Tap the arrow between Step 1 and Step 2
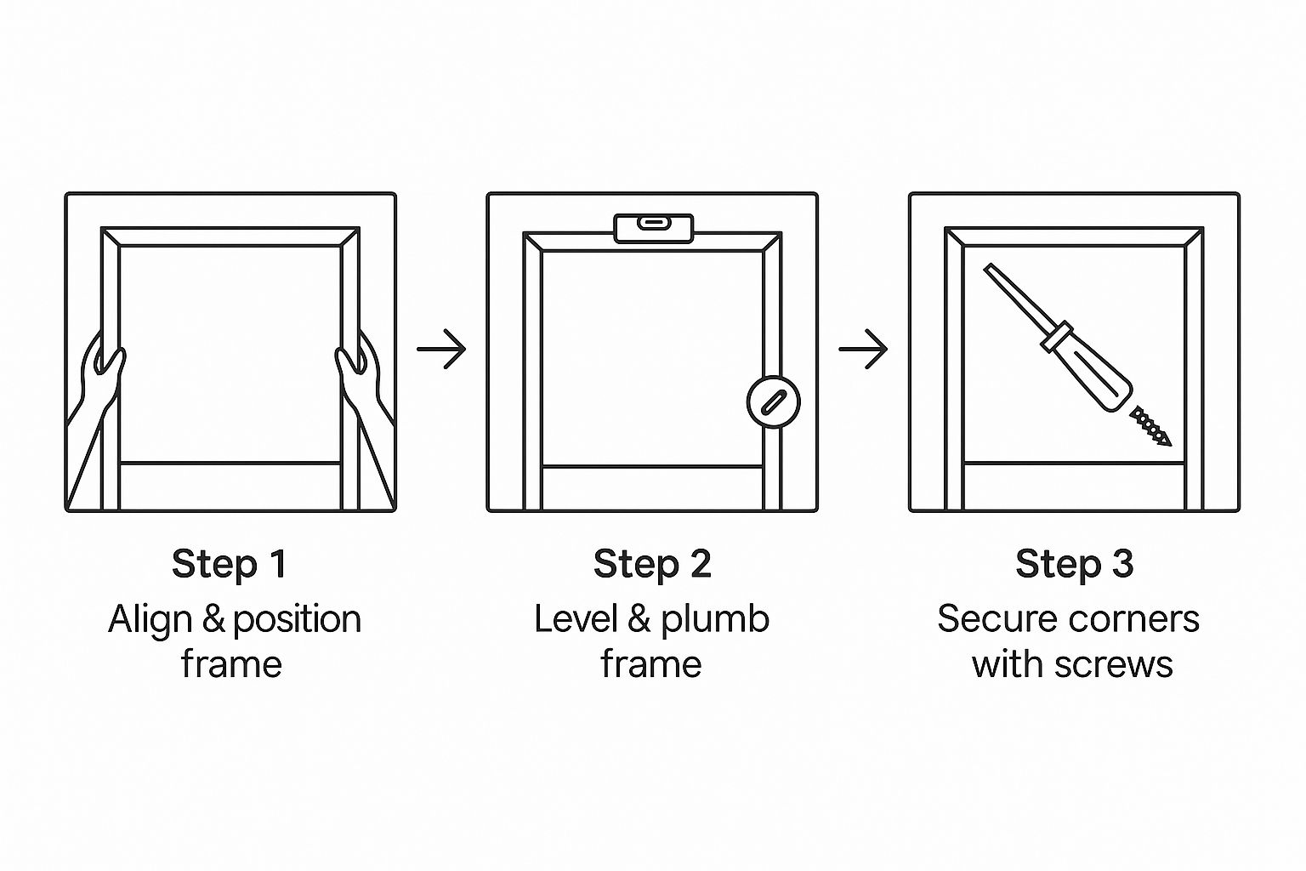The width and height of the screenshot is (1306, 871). (x=441, y=349)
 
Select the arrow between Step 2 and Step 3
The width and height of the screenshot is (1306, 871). (x=864, y=349)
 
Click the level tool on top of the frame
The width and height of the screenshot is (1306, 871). (x=654, y=228)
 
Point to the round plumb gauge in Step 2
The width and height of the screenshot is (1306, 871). (x=773, y=401)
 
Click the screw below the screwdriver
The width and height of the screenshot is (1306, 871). (x=1150, y=426)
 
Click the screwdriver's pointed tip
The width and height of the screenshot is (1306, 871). (x=986, y=267)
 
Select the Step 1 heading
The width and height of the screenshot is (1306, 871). (x=229, y=564)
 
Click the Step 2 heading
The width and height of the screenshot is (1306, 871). (x=652, y=564)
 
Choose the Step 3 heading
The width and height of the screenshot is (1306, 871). (x=1074, y=564)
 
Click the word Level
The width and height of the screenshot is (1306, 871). (x=576, y=618)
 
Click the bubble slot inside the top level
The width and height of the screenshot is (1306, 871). (x=654, y=222)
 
